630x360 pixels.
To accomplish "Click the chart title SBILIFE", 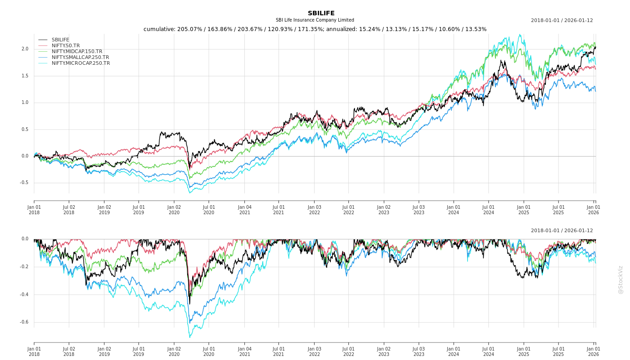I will point(321,13).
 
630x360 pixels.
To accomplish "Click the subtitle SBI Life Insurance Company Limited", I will point(315,20).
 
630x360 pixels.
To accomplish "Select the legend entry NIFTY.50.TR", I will point(66,46).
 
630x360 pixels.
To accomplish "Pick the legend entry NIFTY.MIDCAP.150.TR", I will point(77,52).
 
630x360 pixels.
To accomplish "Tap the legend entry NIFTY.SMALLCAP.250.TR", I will point(80,58).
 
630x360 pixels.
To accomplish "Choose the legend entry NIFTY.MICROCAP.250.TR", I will point(81,63).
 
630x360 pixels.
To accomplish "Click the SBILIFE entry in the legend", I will point(60,40).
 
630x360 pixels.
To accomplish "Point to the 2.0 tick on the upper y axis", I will point(25,49).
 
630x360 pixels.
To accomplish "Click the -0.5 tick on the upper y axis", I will point(24,183).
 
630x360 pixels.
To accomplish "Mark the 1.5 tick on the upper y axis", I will point(25,76).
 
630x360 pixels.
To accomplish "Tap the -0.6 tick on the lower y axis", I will point(24,322).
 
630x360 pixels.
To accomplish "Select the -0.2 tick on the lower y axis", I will point(24,267).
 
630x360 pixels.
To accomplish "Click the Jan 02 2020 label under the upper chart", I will point(174,210).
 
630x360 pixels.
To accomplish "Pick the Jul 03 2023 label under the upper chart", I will point(418,210).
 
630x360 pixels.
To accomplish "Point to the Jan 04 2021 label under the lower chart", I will point(244,352).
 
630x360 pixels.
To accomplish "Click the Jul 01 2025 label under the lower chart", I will point(558,352).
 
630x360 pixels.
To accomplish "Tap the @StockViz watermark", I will point(621,279).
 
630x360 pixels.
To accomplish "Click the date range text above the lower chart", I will point(562,231).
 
